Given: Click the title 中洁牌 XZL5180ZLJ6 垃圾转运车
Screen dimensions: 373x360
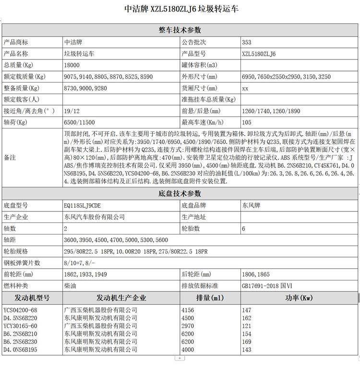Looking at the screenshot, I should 180,9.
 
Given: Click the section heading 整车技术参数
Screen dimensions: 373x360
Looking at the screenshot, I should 180,30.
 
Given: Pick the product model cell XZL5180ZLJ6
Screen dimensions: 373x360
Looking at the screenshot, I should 259,54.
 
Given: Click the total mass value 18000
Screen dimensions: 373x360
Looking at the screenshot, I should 72,65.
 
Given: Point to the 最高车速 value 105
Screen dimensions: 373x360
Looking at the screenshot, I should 247,123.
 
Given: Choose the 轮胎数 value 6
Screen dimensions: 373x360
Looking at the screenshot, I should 244,229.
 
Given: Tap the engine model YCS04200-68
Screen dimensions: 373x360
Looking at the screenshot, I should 20,310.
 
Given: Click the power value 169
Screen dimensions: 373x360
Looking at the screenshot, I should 247,341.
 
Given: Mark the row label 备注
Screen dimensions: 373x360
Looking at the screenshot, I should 10,158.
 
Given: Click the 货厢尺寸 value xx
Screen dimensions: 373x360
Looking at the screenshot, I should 245,88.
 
